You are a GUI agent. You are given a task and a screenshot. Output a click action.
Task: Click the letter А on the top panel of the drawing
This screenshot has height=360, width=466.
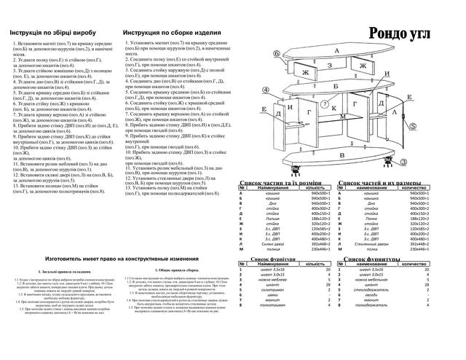[337, 51]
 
